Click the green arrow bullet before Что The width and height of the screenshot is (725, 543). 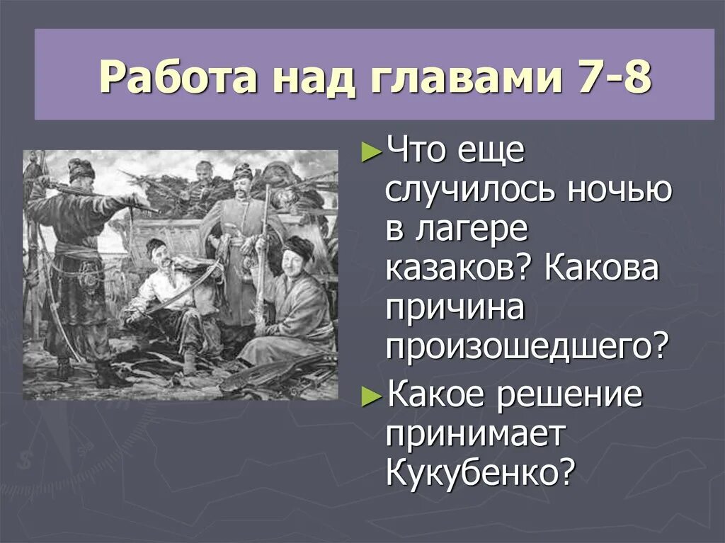pyautogui.click(x=370, y=154)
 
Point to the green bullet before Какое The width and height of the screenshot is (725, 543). pyautogui.click(x=370, y=397)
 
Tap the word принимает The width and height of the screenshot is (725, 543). pyautogui.click(x=475, y=434)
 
